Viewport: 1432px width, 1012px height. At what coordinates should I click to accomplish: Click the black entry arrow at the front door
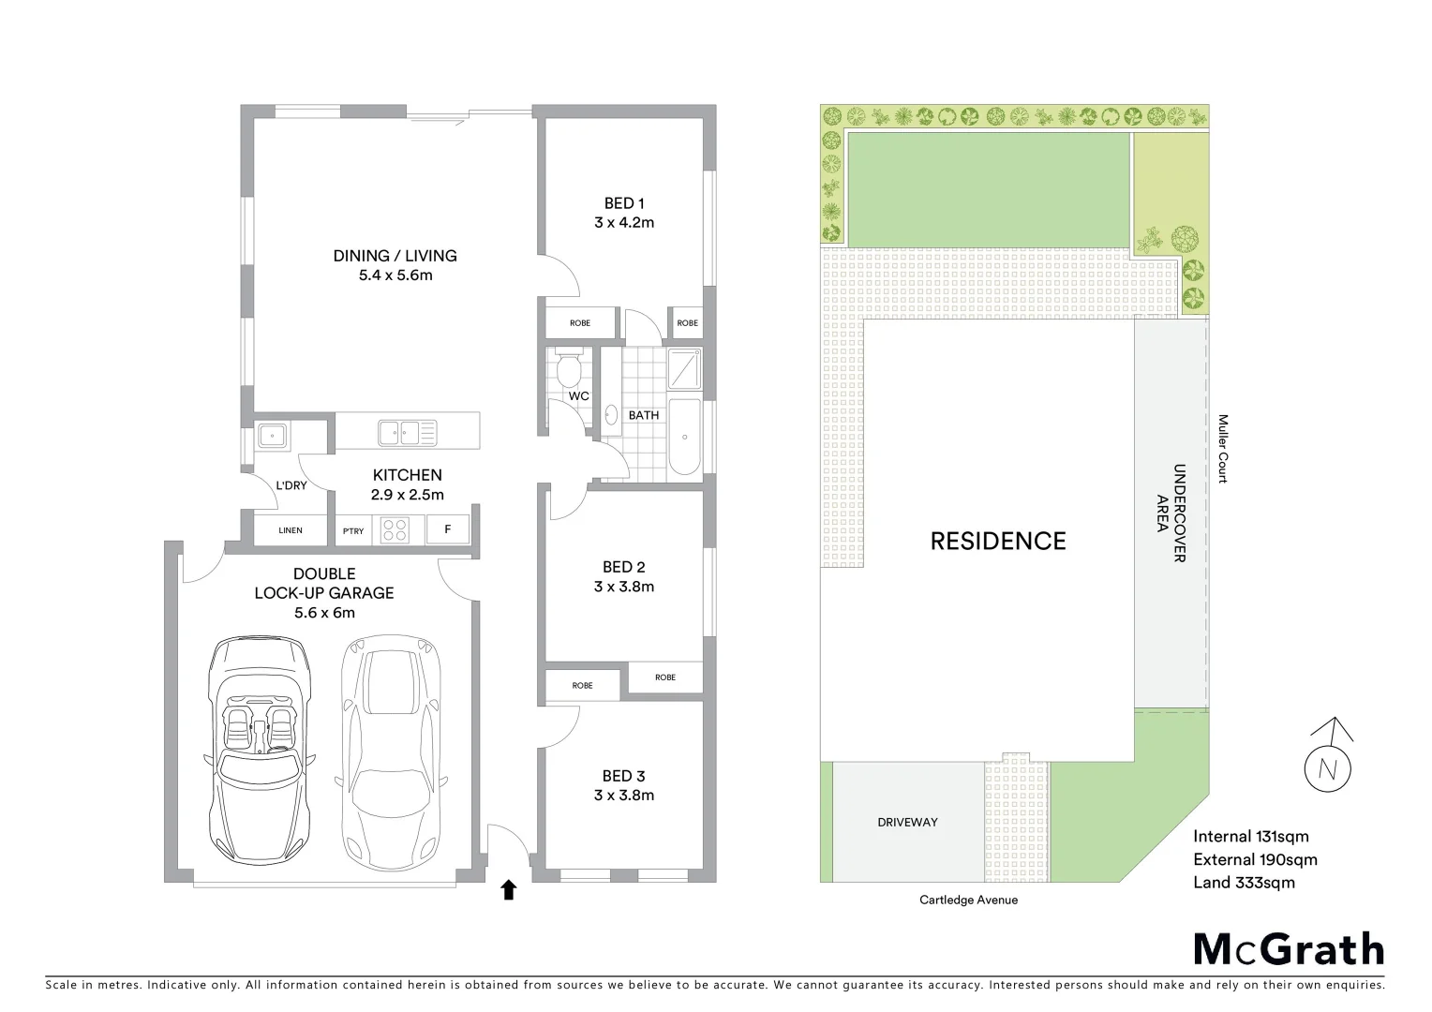508,889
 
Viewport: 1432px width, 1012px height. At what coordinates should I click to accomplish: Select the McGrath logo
1289,949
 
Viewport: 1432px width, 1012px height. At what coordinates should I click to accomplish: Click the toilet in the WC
568,368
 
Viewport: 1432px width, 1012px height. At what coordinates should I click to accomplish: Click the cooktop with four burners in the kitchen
395,530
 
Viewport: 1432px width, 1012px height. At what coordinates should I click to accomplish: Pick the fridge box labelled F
448,529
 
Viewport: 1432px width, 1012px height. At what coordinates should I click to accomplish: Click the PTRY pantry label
353,531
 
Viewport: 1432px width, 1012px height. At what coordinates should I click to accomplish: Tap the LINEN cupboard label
291,530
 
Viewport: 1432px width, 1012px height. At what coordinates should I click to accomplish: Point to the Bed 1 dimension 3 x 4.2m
624,223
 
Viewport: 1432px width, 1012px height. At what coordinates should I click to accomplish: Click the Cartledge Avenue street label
968,900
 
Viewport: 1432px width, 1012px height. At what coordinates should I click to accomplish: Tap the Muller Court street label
1223,449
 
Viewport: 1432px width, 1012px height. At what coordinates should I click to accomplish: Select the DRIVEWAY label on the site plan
907,822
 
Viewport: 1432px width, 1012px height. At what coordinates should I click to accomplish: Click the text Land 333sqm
1244,882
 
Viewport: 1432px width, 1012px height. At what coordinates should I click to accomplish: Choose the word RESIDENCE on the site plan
998,541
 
